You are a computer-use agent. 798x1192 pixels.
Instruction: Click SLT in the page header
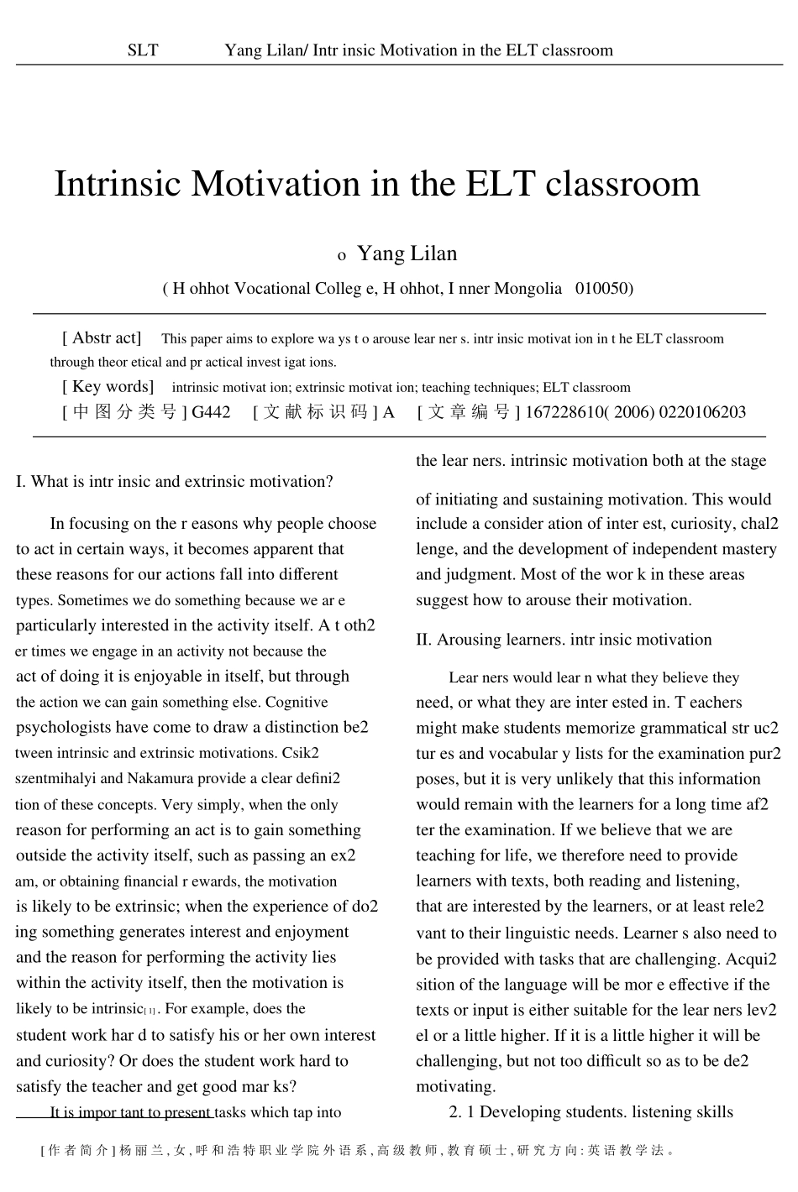coord(142,50)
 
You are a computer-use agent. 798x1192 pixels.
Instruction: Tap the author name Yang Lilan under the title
coord(407,254)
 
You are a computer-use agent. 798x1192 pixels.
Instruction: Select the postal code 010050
coord(603,289)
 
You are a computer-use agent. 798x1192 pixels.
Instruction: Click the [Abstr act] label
coord(102,338)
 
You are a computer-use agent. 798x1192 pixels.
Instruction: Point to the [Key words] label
coord(108,387)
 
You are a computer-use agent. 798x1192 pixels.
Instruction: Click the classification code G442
coord(211,412)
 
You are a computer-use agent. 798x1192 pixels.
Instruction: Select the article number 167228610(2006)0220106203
coord(634,412)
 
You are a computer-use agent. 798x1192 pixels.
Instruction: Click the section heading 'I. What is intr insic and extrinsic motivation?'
coord(175,482)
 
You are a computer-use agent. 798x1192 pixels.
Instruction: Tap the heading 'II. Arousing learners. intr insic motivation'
coord(564,640)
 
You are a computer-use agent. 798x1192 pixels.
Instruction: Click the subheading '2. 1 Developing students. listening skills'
coord(591,1112)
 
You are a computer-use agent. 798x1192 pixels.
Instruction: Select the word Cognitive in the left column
coord(297,702)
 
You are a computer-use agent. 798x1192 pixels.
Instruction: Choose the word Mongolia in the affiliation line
coord(528,289)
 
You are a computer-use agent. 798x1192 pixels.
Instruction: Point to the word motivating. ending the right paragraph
coord(455,1086)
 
